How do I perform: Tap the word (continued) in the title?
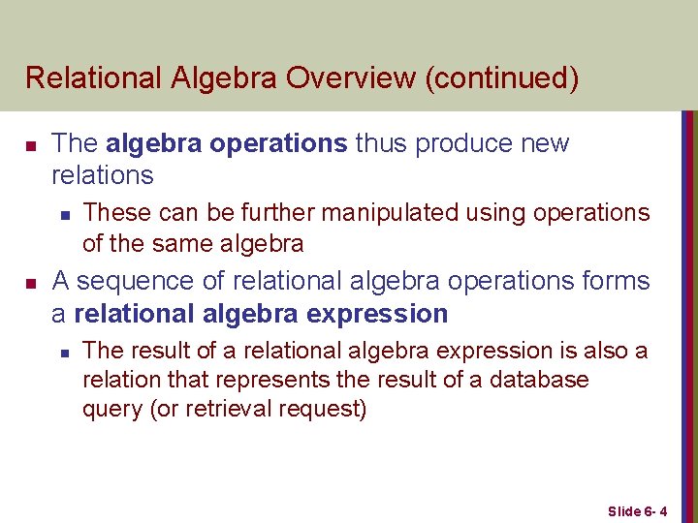[501, 77]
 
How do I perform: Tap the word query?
[112, 409]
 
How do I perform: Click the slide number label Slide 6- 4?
[644, 509]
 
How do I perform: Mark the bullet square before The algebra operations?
[30, 145]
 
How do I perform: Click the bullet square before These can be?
[63, 213]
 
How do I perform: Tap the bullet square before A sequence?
[30, 283]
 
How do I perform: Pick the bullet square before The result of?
[63, 351]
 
